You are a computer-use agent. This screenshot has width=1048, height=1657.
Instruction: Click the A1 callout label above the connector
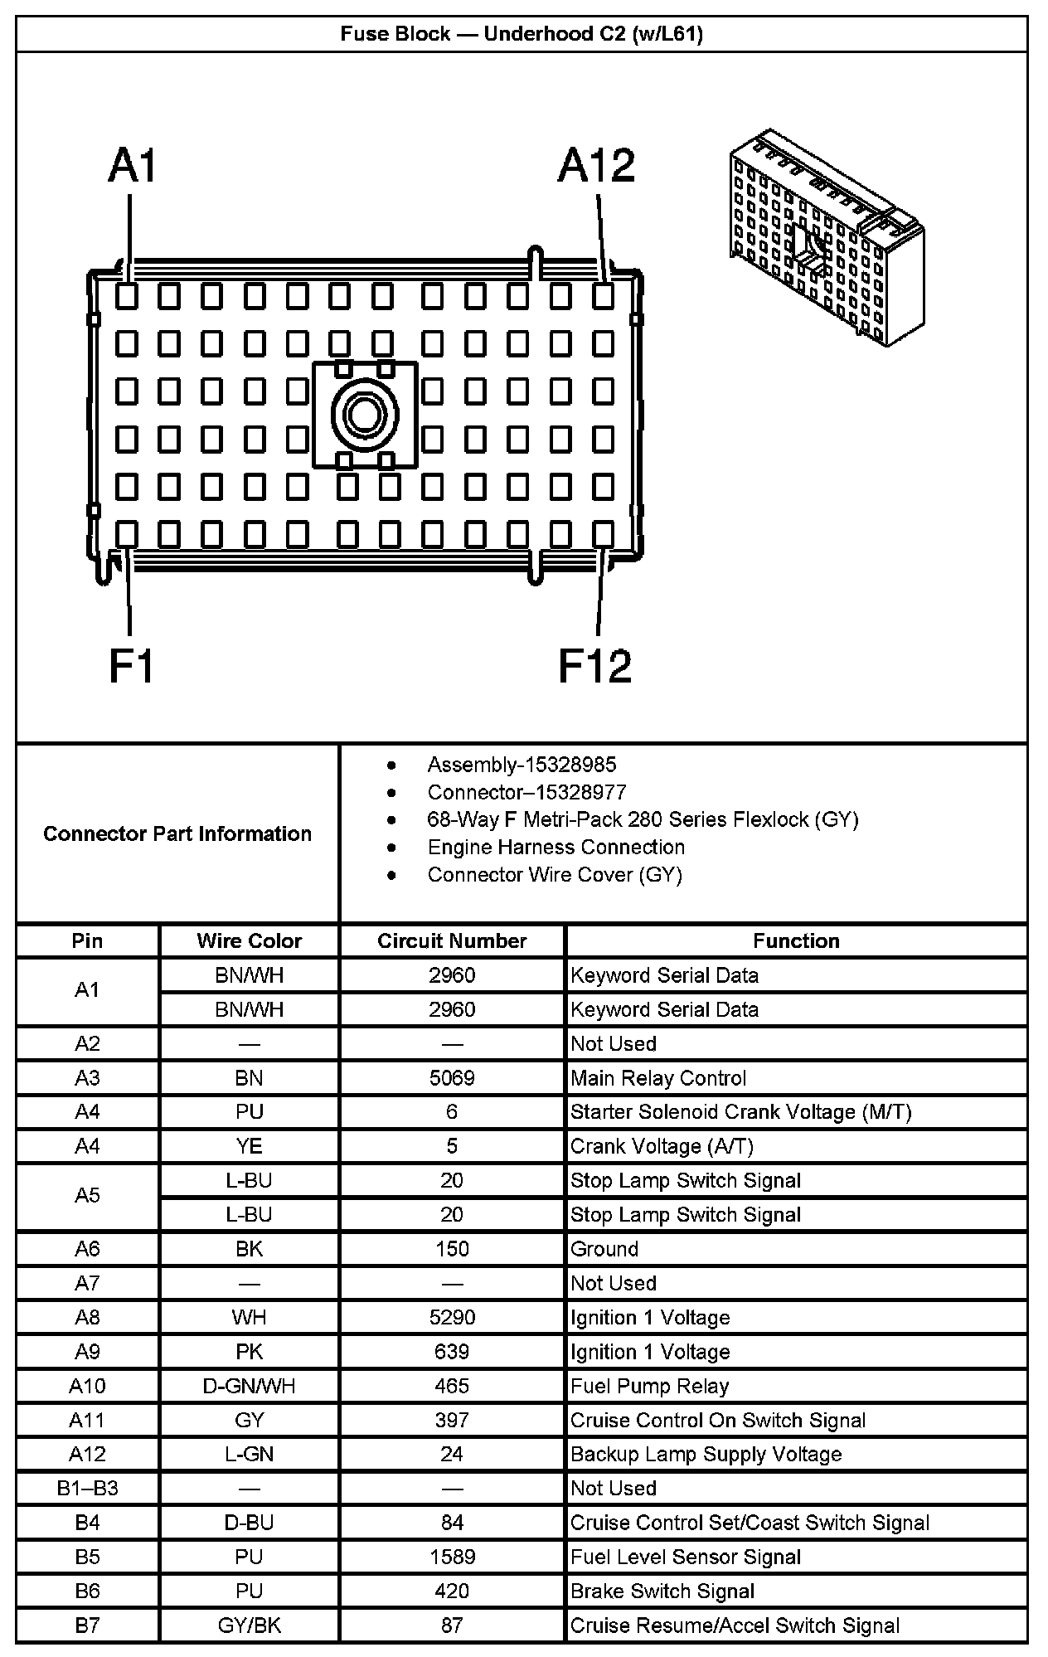click(x=133, y=166)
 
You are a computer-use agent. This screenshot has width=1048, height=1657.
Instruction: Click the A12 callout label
click(x=596, y=166)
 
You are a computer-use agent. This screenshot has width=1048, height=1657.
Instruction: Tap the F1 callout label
click(x=132, y=666)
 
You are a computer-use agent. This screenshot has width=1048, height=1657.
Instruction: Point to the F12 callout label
click(x=594, y=666)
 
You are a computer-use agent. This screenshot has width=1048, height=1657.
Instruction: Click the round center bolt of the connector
click(x=365, y=414)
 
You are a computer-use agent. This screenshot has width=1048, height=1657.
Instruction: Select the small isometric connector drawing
click(x=827, y=238)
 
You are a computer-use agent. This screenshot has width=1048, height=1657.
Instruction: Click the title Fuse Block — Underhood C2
click(x=522, y=34)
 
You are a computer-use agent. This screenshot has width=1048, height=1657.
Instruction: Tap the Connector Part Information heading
click(x=177, y=833)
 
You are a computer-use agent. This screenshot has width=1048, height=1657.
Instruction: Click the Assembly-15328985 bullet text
click(x=522, y=765)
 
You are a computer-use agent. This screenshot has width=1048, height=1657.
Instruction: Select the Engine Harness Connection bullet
click(x=556, y=847)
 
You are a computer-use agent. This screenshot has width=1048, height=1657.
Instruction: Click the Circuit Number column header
click(x=452, y=940)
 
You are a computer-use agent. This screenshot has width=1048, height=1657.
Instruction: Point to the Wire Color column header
click(x=249, y=940)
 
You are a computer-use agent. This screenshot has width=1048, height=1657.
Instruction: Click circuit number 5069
click(x=452, y=1078)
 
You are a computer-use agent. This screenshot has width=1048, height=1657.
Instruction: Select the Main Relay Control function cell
click(x=658, y=1078)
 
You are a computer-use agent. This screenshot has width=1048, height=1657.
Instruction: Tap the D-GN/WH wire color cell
click(x=249, y=1386)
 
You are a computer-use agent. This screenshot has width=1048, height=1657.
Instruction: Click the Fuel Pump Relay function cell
click(x=649, y=1386)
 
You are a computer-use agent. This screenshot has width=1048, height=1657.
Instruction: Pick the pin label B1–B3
click(x=87, y=1488)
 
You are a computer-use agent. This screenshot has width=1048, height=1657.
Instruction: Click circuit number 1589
click(x=452, y=1557)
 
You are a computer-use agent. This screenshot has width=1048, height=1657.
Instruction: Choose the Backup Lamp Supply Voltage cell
click(x=706, y=1454)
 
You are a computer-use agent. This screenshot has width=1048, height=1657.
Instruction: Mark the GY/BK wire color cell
click(x=249, y=1625)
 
